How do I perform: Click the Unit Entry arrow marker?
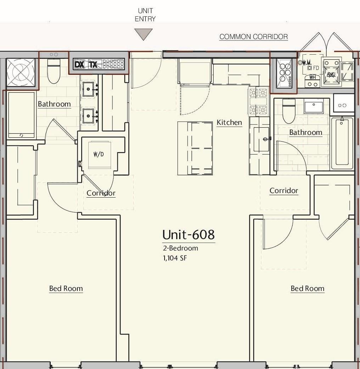pos(145,34)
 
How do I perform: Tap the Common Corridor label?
pos(253,37)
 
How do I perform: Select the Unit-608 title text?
pos(188,235)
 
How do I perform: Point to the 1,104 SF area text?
pos(175,258)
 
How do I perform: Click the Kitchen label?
pos(229,122)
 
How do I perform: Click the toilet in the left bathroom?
pos(54,72)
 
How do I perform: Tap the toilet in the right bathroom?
pos(289,111)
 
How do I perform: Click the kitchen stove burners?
pos(258,101)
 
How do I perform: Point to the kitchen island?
pos(195,148)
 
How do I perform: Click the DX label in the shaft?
pos(79,65)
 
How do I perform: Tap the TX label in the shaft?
pos(93,65)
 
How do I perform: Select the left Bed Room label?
pos(66,288)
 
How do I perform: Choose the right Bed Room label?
pos(307,288)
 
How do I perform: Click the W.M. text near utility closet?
pos(307,62)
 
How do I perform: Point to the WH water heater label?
pos(312,77)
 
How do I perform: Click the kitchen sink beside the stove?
pos(261,139)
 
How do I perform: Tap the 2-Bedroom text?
pos(180,248)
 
